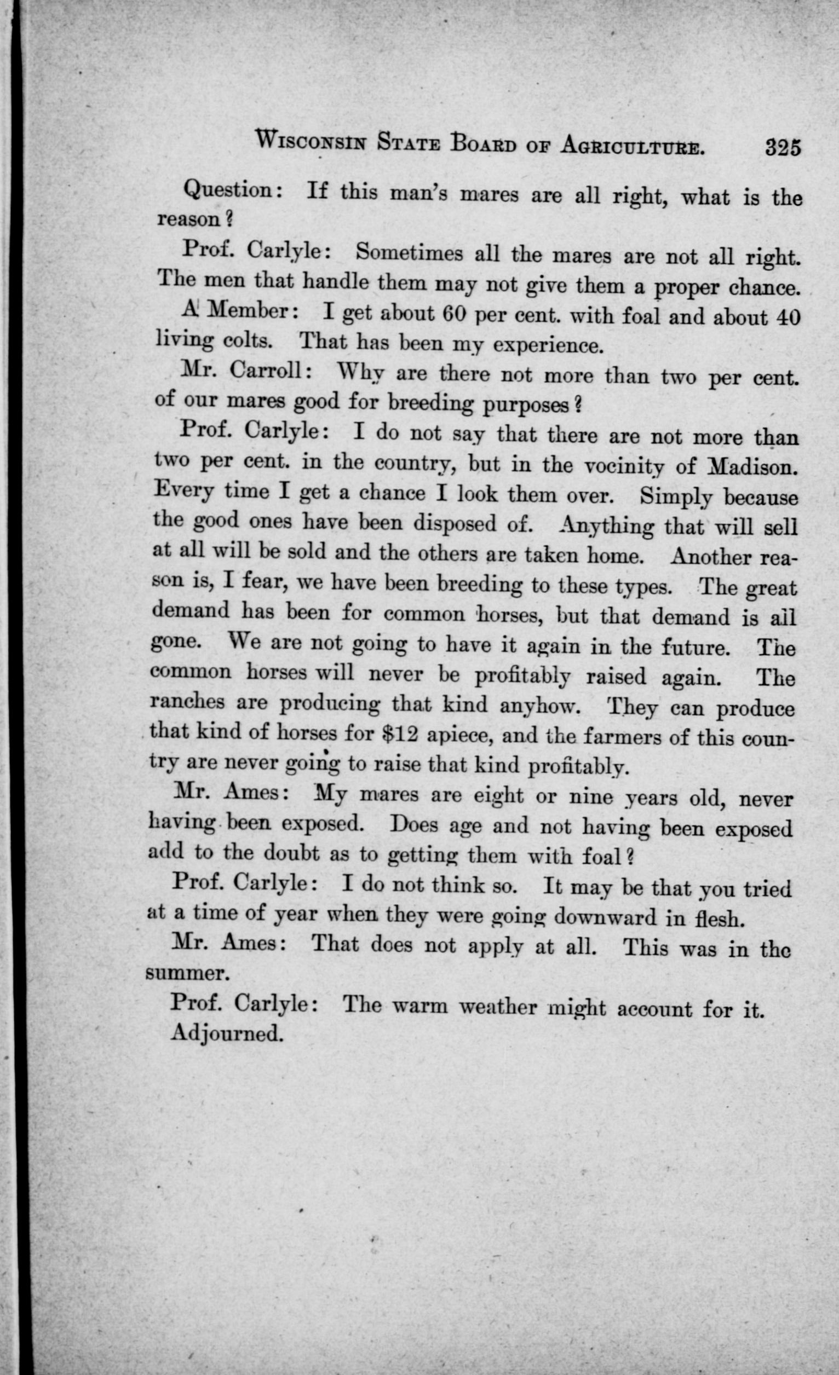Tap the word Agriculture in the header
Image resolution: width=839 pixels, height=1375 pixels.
click(x=631, y=147)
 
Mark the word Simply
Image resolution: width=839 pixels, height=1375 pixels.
click(x=675, y=495)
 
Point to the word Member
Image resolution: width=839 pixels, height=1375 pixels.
click(x=247, y=312)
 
